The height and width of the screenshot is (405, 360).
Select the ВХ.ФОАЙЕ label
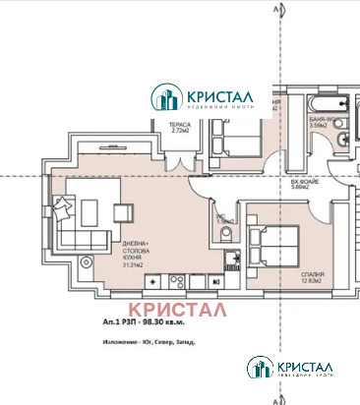pos(316,184)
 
